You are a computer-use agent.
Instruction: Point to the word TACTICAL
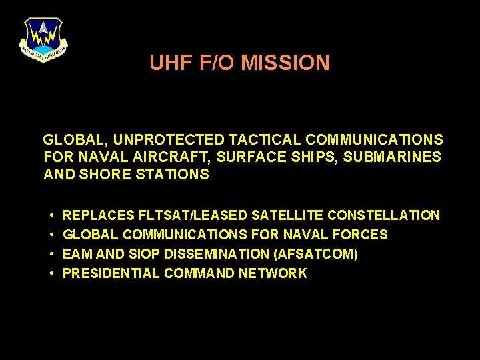265,140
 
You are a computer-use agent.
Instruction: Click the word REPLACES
99,215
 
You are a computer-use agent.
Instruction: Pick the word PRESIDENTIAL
111,273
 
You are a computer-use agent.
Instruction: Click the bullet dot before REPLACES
51,216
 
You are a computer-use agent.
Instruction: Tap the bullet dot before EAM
51,255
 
